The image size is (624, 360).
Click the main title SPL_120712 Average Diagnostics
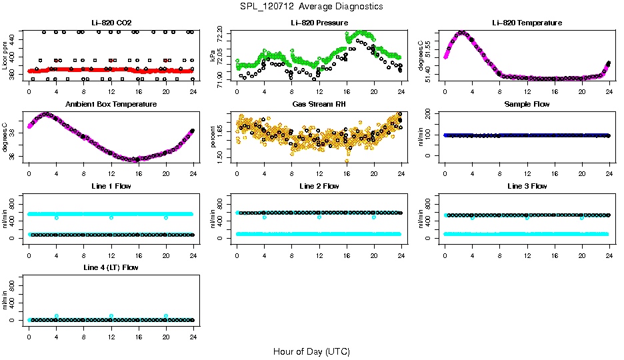pyautogui.click(x=312, y=6)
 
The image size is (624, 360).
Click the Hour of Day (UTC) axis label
pyautogui.click(x=311, y=351)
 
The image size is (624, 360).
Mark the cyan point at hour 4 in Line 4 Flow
pyautogui.click(x=57, y=316)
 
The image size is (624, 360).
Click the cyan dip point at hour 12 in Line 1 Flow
pyautogui.click(x=111, y=218)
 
